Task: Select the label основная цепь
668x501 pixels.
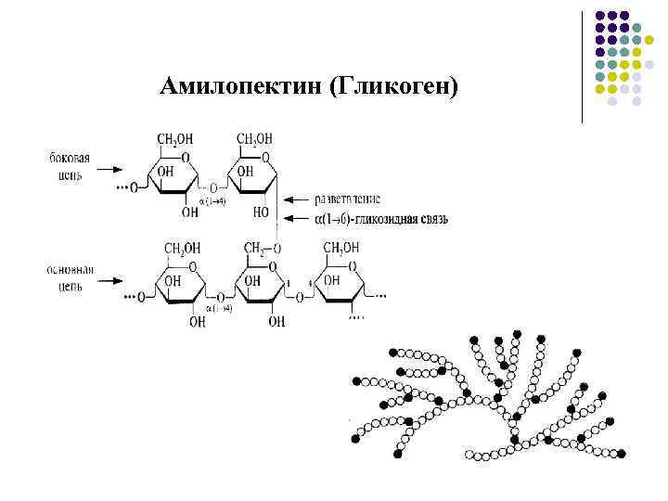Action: coord(69,276)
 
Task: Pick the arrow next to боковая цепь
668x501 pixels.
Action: coord(110,170)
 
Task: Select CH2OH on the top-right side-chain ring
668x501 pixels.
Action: coord(254,140)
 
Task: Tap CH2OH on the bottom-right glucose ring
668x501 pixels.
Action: coord(340,248)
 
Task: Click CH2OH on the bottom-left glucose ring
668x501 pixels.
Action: coord(183,248)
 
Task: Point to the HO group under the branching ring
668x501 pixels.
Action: coord(262,212)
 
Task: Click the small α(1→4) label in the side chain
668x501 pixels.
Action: coord(212,200)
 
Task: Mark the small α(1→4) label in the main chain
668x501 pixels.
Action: coord(219,307)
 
